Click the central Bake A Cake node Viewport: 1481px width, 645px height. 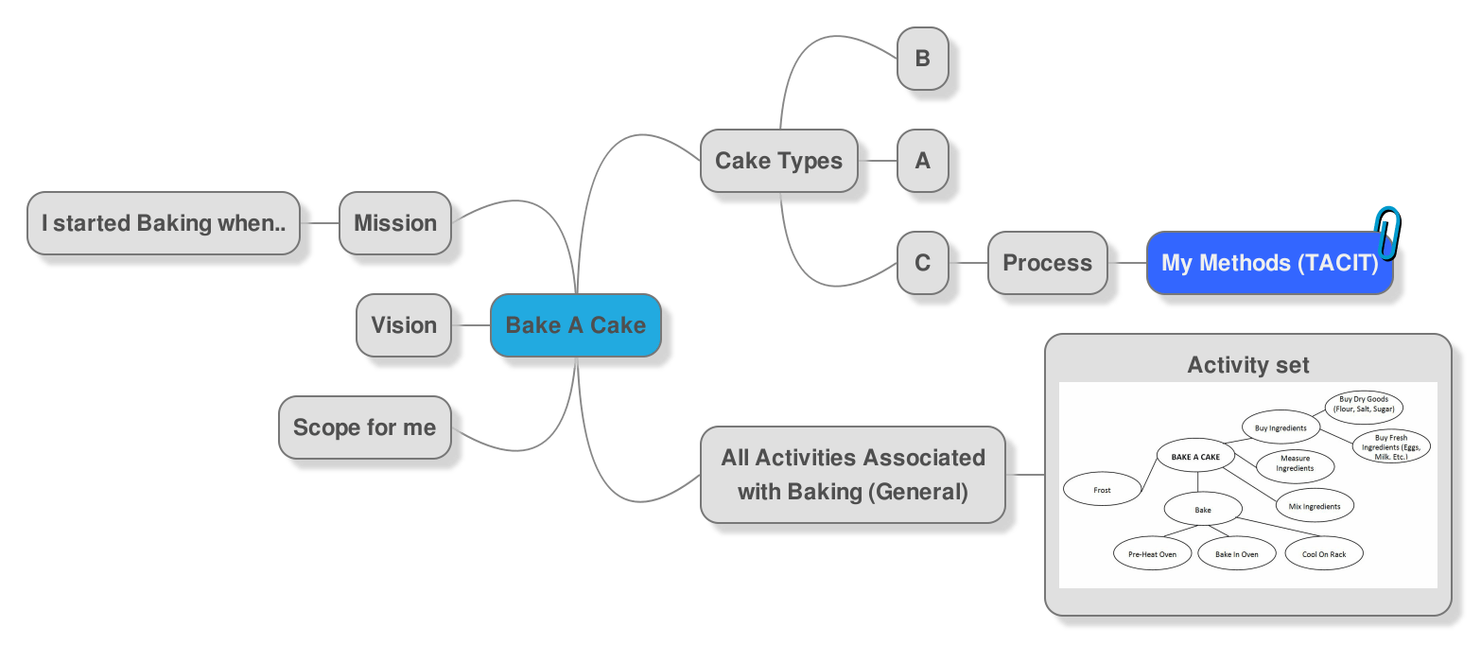pyautogui.click(x=575, y=325)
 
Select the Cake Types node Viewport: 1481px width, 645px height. pyautogui.click(x=778, y=161)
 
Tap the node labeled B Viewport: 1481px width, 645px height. pyautogui.click(x=922, y=59)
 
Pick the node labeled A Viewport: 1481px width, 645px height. pyautogui.click(x=922, y=161)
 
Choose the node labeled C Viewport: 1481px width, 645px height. pyautogui.click(x=922, y=263)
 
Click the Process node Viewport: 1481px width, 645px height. pyautogui.click(x=1047, y=263)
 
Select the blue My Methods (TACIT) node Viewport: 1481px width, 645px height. pyautogui.click(x=1269, y=263)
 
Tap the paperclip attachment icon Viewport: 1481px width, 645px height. pyautogui.click(x=1388, y=232)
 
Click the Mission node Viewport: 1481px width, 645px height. pyautogui.click(x=395, y=223)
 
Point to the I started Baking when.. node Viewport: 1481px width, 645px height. pyautogui.click(x=164, y=223)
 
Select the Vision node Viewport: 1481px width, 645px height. pyautogui.click(x=404, y=325)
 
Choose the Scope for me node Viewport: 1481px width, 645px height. pyautogui.click(x=364, y=427)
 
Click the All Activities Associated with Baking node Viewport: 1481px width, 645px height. pyautogui.click(x=852, y=475)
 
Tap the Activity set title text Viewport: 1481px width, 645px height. pyautogui.click(x=1247, y=365)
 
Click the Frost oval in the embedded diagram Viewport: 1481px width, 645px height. pyautogui.click(x=1102, y=490)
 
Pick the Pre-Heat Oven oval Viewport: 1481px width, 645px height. pyautogui.click(x=1152, y=554)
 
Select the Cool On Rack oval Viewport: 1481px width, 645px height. pyautogui.click(x=1324, y=554)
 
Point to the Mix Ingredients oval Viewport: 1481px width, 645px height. pyautogui.click(x=1314, y=506)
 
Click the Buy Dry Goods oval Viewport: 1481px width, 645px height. pyautogui.click(x=1364, y=405)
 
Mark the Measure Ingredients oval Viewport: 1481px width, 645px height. pyautogui.click(x=1295, y=464)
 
